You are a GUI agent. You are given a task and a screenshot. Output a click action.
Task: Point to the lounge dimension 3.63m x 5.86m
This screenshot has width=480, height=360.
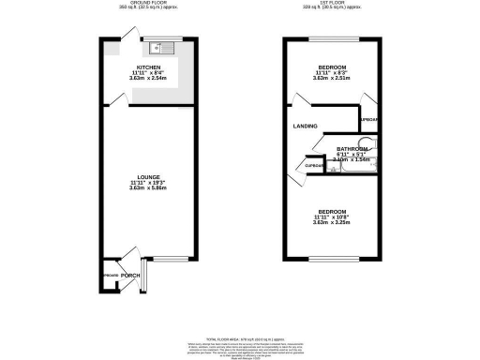tap(149, 188)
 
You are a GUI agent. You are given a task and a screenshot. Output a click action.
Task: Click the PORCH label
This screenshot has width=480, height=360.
tap(130, 275)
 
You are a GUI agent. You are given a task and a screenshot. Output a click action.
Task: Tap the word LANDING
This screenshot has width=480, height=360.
tap(305, 126)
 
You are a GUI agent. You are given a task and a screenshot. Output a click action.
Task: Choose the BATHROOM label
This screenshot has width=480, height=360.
tap(352, 148)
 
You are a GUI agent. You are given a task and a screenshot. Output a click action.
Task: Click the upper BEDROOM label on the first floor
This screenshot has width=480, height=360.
tap(332, 68)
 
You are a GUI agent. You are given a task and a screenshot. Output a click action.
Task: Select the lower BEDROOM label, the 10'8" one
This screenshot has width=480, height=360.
tap(332, 212)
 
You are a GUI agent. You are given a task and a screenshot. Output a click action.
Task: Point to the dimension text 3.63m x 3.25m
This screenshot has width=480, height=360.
tap(332, 223)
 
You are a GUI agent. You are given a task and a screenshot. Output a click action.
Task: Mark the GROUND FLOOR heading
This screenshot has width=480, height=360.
tap(149, 4)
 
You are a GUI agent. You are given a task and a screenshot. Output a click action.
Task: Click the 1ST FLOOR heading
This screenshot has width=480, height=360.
tap(332, 4)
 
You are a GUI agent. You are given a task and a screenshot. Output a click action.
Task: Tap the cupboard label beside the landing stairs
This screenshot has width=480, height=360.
tap(313, 167)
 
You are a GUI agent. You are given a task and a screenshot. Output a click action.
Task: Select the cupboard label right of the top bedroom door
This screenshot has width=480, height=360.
tap(369, 121)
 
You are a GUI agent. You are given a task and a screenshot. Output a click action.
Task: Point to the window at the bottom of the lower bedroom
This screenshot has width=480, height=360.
tap(333, 258)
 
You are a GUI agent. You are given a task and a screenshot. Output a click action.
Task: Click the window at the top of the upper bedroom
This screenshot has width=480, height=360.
tap(333, 38)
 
